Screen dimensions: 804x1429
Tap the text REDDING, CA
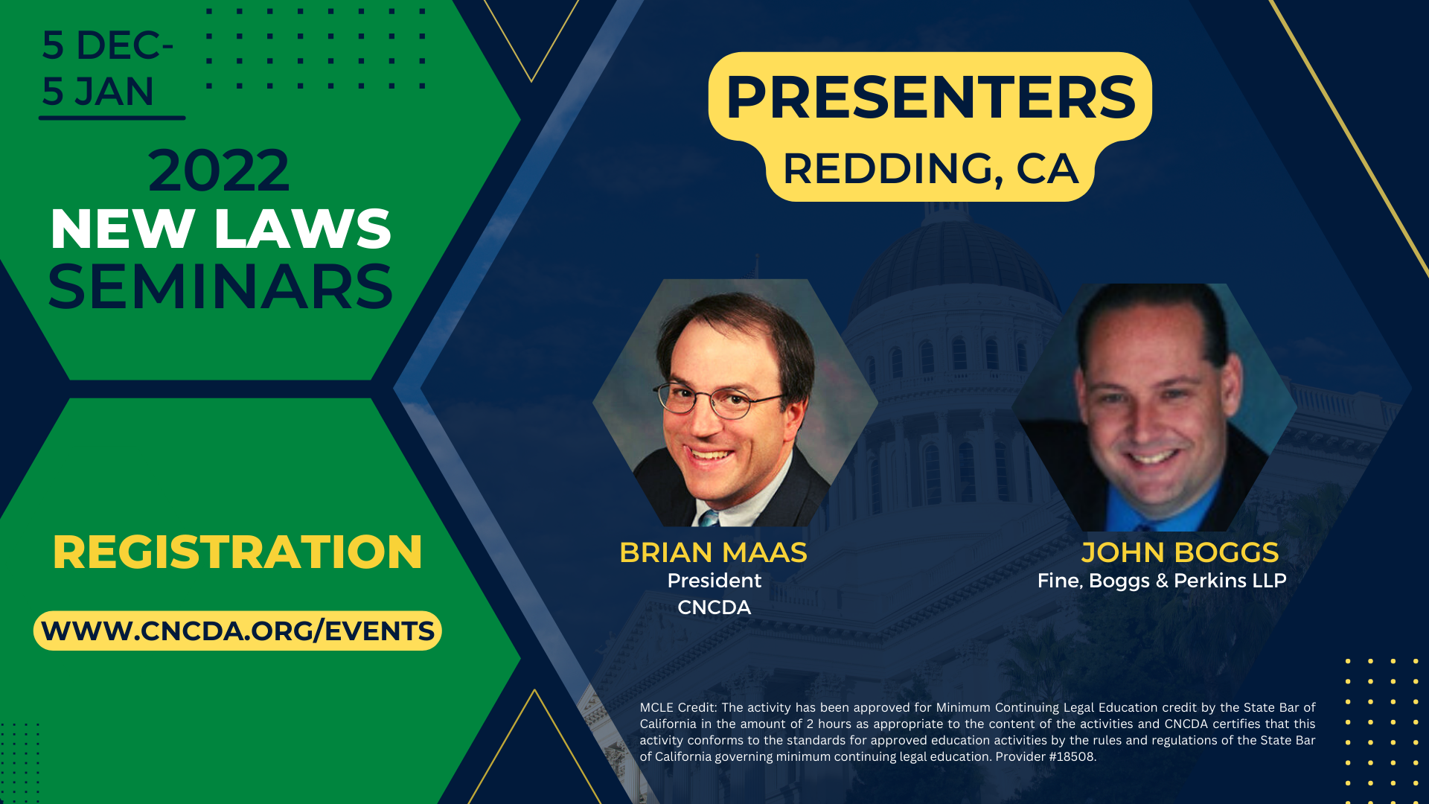930,169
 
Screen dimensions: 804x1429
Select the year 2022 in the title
218,171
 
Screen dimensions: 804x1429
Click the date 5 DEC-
107,45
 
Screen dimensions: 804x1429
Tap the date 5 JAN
97,92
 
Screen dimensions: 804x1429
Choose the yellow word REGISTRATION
237,552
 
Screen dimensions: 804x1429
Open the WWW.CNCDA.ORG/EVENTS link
237,631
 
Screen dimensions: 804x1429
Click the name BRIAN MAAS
713,552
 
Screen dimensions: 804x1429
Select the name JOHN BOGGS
1180,552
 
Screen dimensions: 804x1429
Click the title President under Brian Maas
714,581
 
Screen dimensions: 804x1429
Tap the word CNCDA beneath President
714,607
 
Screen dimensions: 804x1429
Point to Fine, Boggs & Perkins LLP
1161,581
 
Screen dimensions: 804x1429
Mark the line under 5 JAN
112,118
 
